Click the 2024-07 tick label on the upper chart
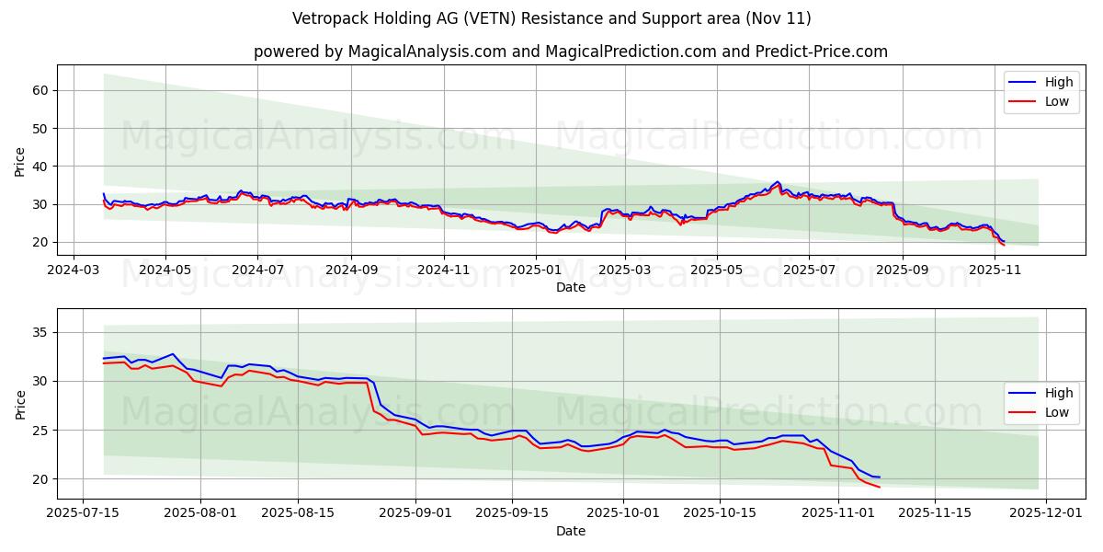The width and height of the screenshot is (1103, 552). point(256,271)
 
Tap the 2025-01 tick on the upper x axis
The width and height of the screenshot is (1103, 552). point(534,271)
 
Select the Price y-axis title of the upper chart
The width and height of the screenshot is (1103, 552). point(20,160)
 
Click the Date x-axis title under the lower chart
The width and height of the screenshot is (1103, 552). point(571,531)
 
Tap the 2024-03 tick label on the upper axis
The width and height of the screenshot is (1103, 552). point(73,271)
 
